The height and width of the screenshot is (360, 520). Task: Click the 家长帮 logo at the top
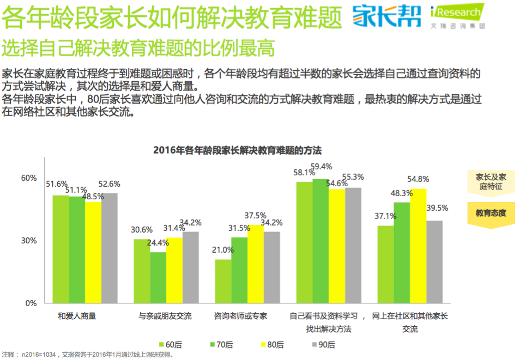click(386, 16)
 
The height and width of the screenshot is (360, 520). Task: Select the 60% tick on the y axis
click(29, 178)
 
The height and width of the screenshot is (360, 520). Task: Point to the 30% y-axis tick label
click(29, 241)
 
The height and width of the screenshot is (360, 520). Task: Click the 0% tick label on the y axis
click(32, 303)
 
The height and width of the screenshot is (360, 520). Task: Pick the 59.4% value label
click(322, 167)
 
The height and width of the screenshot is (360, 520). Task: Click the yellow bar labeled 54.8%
click(418, 246)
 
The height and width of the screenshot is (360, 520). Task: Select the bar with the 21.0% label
click(223, 281)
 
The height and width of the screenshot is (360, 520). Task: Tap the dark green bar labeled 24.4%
click(158, 277)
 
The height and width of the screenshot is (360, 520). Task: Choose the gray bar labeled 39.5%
click(434, 261)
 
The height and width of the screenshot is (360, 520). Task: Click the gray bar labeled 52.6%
click(109, 248)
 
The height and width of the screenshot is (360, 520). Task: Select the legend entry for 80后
click(272, 345)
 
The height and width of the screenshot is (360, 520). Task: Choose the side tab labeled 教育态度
click(491, 213)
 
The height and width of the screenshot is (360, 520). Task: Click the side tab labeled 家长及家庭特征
click(491, 182)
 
